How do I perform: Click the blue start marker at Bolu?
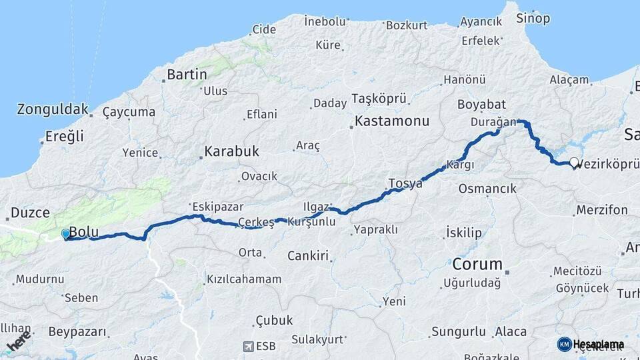tap(65, 234)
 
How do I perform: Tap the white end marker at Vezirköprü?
tap(573, 162)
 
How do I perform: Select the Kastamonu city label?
tap(392, 122)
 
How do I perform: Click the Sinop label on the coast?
tap(533, 18)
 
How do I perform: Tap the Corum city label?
tap(477, 263)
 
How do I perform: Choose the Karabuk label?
tap(231, 151)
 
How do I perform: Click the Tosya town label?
tap(405, 183)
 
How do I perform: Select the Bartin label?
tap(187, 75)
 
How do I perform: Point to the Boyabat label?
tap(482, 105)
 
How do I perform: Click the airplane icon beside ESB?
tap(249, 347)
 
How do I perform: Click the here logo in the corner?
tap(19, 343)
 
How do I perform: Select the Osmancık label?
tap(487, 189)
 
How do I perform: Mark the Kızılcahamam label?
tap(244, 279)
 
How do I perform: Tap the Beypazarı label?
tap(77, 331)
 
